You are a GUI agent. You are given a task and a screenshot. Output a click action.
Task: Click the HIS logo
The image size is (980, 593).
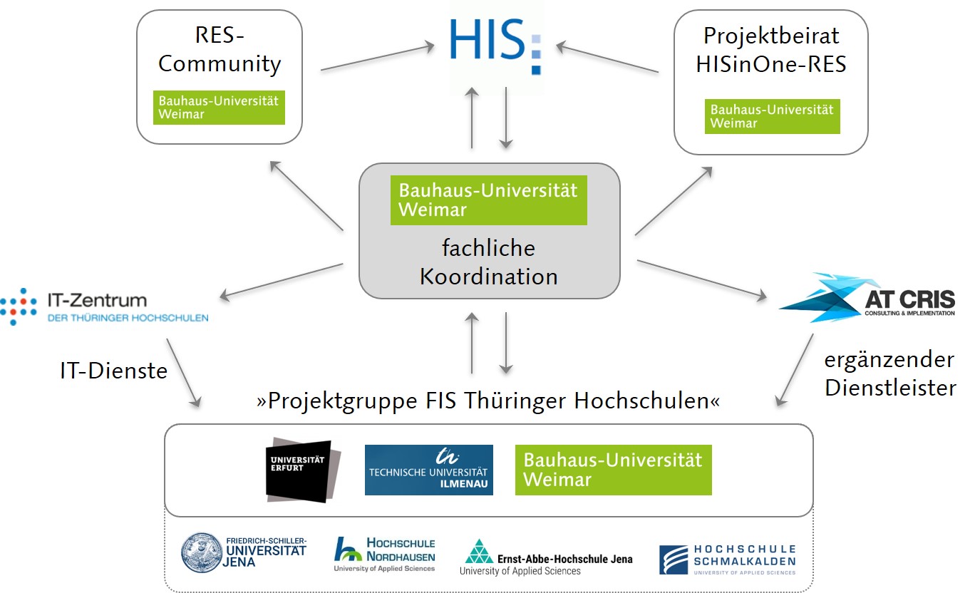[496, 45]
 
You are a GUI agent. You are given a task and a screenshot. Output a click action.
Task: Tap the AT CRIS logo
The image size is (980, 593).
[867, 298]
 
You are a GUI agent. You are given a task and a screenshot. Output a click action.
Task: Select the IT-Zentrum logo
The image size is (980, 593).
[104, 306]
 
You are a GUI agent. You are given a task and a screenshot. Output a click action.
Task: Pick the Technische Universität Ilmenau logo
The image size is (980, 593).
[428, 470]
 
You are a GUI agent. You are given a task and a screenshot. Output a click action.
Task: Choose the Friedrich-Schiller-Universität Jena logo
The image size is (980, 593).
[244, 552]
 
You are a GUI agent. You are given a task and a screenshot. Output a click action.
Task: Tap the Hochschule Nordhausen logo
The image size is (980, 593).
[385, 554]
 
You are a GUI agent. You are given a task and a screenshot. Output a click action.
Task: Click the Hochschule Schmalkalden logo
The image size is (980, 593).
[727, 559]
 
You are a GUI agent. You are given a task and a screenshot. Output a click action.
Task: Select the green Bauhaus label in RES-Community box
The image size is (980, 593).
[219, 107]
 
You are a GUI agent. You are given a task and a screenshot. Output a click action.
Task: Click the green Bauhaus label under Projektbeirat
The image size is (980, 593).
[772, 116]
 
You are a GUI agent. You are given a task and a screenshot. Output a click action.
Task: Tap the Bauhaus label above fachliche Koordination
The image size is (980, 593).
[488, 200]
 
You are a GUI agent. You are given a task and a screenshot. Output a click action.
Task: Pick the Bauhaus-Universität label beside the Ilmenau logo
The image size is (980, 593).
[613, 470]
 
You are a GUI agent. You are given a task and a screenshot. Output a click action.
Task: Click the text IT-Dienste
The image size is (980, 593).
[114, 371]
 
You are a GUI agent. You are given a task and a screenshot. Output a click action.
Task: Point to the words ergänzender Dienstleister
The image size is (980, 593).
[889, 373]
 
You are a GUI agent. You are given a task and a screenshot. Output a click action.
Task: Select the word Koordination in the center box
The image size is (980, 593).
[488, 276]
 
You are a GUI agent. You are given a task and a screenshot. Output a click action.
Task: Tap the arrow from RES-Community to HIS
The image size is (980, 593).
[377, 58]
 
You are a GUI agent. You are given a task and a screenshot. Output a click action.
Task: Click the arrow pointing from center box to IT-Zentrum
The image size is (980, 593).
[282, 281]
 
